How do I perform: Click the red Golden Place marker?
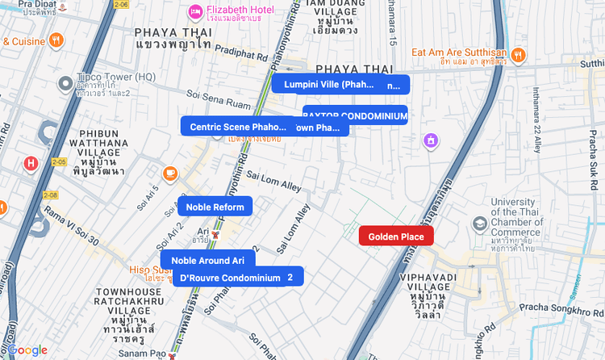coord(396,236)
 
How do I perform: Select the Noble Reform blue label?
coord(215,207)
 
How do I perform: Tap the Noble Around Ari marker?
coord(207,260)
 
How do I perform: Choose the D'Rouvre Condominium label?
coord(230,278)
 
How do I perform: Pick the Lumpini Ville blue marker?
coord(328,84)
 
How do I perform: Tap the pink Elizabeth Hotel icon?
coord(194,11)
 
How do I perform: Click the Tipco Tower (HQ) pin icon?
coord(65,82)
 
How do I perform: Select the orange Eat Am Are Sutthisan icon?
coord(517,55)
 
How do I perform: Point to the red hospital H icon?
coord(31,164)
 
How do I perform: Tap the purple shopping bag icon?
coord(432,141)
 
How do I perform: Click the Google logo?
coord(27,350)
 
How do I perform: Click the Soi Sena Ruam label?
coord(223,104)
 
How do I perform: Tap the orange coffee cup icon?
coord(170,173)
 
